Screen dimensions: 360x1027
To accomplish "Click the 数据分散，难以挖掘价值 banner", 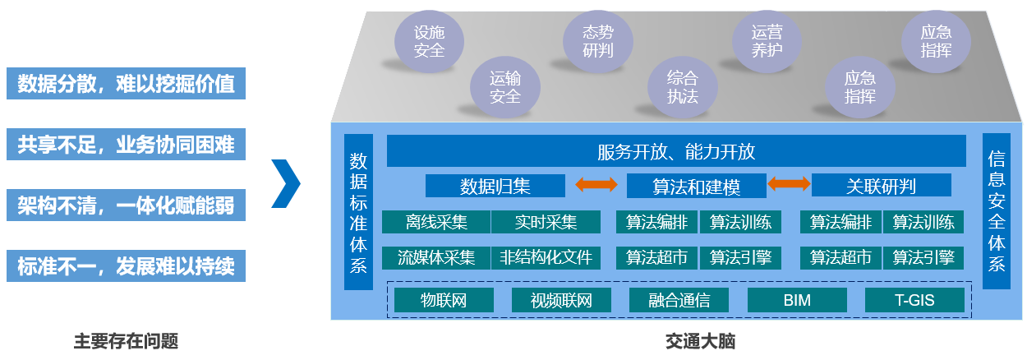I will click(126, 84).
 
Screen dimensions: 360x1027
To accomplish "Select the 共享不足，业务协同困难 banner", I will click(126, 145).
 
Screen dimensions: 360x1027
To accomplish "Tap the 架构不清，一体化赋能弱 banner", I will click(126, 205).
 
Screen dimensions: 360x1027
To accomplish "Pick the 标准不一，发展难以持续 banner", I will click(126, 266).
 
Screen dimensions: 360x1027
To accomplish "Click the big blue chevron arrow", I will click(286, 182).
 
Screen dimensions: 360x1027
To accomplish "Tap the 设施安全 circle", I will click(429, 41).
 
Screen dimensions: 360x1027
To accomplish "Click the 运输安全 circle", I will click(504, 87).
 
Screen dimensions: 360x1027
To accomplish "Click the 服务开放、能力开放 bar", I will click(675, 151).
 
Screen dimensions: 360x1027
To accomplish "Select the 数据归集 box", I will click(495, 186).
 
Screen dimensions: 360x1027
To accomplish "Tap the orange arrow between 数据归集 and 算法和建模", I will click(596, 186).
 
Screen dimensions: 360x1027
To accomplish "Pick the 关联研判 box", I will click(881, 186).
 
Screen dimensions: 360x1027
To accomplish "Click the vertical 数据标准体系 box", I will click(358, 212).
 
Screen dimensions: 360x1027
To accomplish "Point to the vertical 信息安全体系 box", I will click(996, 212).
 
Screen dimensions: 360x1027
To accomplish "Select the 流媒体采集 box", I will click(436, 257).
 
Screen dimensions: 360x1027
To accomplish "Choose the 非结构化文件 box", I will click(546, 257).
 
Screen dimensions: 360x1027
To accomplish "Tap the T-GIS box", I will click(914, 300).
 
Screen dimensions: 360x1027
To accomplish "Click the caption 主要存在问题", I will click(126, 340).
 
